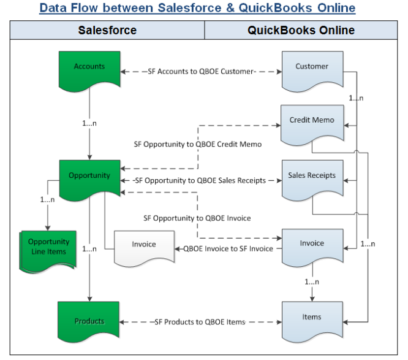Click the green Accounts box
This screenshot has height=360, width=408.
click(x=89, y=67)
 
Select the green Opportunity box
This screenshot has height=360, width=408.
click(x=89, y=176)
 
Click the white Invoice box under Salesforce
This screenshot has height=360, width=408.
click(x=144, y=245)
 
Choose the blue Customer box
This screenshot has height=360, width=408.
click(x=312, y=67)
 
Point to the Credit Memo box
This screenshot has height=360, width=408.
click(x=312, y=121)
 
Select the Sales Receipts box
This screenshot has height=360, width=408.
click(x=312, y=177)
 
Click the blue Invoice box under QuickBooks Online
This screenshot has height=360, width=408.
click(x=312, y=245)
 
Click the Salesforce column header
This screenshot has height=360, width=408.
click(x=107, y=30)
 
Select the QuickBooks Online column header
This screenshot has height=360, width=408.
click(x=301, y=30)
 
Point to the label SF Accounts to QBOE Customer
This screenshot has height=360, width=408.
click(x=201, y=72)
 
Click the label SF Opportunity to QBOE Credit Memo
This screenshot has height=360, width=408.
click(x=198, y=145)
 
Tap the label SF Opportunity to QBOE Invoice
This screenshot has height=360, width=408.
click(x=197, y=218)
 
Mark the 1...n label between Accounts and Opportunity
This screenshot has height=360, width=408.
click(x=89, y=123)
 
